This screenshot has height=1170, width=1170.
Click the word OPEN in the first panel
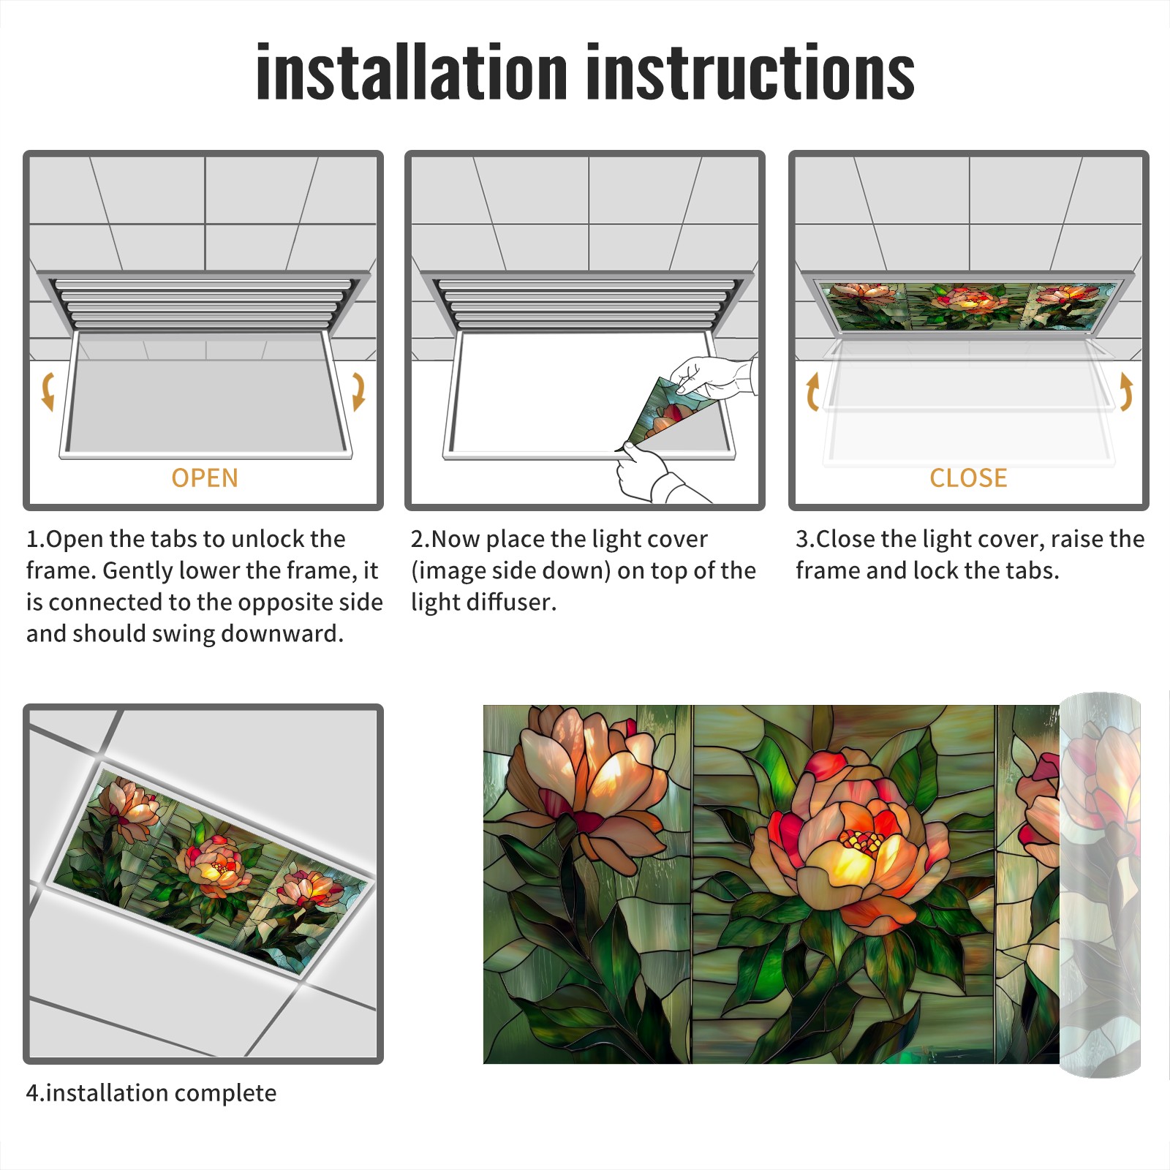(205, 478)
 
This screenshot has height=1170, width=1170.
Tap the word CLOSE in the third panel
(968, 478)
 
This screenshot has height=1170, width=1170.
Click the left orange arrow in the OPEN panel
(48, 391)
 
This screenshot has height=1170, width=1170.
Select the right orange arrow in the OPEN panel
(358, 391)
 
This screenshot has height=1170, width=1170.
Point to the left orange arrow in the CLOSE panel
(812, 391)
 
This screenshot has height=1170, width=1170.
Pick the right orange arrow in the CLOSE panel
(1126, 391)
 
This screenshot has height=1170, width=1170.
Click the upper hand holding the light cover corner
(713, 377)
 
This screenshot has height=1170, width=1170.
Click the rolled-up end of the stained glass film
(1100, 885)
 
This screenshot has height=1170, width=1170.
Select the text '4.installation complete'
(151, 1092)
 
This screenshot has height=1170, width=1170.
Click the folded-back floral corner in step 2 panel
(669, 409)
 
